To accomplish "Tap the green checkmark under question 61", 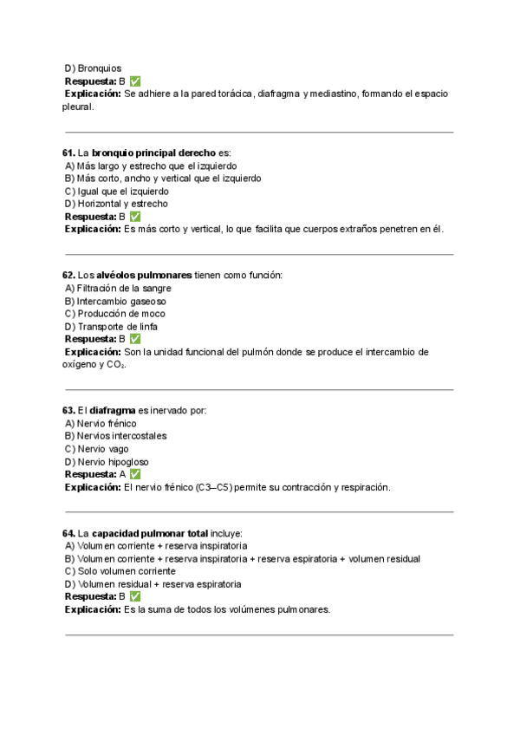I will coord(134,217).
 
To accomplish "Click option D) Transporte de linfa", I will coord(111,327).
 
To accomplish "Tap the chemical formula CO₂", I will coord(117,365).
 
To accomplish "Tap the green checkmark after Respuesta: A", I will coord(134,475).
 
